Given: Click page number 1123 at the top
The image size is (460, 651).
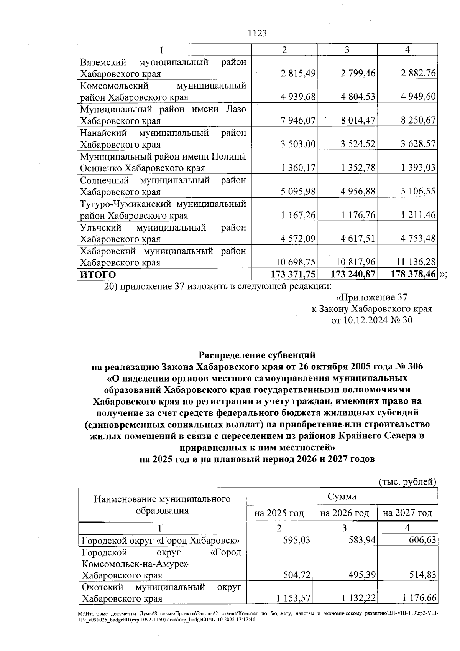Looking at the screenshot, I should coord(257,33).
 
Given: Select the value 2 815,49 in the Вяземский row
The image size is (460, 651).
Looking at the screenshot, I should coord(298,73).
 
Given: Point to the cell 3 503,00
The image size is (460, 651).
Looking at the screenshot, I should coord(298,144).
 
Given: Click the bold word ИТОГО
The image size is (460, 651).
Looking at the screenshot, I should coord(97,275).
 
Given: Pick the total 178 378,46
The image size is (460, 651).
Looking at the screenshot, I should coord(414,274).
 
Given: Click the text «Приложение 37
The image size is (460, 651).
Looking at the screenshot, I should coord(371,298).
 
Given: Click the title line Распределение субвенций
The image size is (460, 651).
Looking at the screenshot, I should coord(257,355).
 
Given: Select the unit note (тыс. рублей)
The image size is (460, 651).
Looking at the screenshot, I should coord(407,482).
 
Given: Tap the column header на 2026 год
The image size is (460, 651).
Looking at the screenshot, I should coord(344,513).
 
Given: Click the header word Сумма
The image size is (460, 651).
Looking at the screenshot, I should coord(342,496).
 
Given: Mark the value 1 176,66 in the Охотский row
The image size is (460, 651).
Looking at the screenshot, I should coord(419,598).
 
